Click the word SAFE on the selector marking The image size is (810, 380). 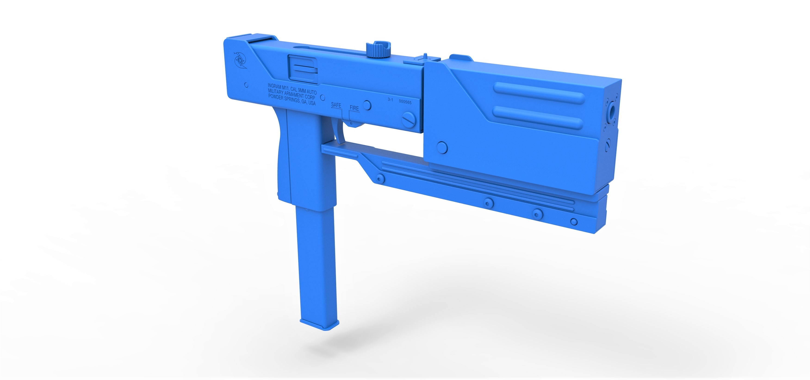(x=336, y=105)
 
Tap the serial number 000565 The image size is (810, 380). (x=405, y=102)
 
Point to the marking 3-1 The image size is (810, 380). (x=390, y=100)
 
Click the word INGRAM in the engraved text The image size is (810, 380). (x=274, y=86)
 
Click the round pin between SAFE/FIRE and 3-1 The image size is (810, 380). (x=367, y=105)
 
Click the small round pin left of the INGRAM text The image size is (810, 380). (x=246, y=85)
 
